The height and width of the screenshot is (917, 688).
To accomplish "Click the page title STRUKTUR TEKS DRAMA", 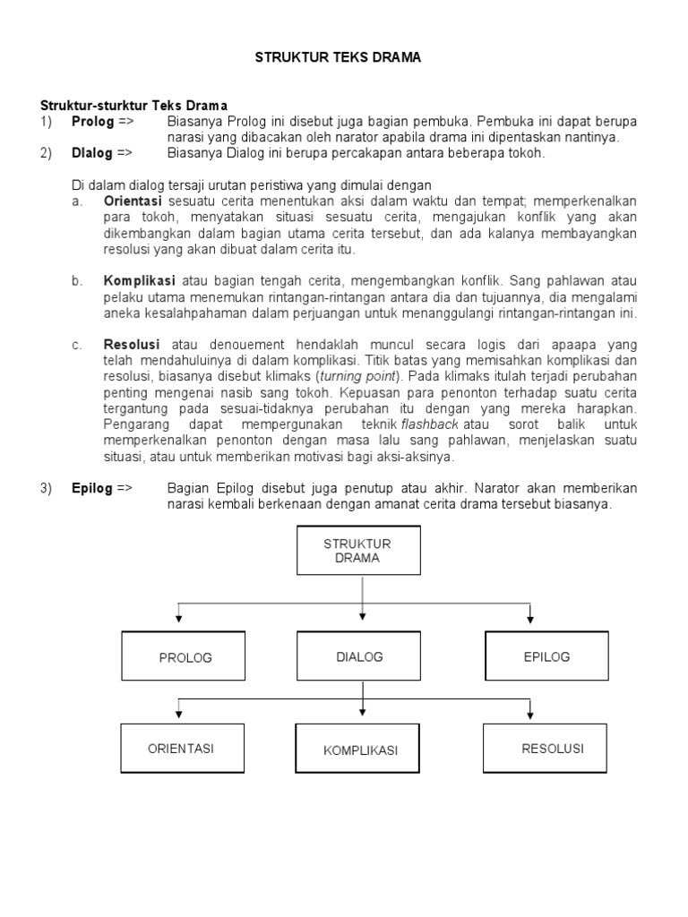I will point(338,57).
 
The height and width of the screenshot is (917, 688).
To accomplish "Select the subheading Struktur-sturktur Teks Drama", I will point(133,106).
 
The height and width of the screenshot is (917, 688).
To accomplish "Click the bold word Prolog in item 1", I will point(92,121).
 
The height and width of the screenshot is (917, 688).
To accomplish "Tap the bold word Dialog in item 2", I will point(92,153).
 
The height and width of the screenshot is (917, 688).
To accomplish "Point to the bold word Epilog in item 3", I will point(91,488).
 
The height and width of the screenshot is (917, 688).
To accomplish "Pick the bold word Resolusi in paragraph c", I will point(132,344).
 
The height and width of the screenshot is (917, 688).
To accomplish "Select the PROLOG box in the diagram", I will point(183,656).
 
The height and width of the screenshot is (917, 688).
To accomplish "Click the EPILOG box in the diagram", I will point(546,656).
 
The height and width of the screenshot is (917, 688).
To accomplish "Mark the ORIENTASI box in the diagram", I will point(182,749).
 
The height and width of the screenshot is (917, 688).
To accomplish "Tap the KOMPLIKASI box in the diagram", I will point(360,750).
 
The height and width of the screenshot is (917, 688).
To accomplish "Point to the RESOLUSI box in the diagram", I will point(552,748).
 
